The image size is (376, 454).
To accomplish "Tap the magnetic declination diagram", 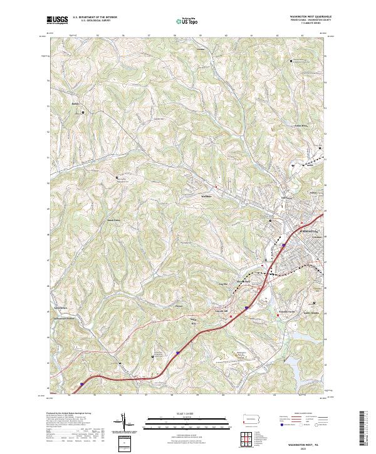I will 125,423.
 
